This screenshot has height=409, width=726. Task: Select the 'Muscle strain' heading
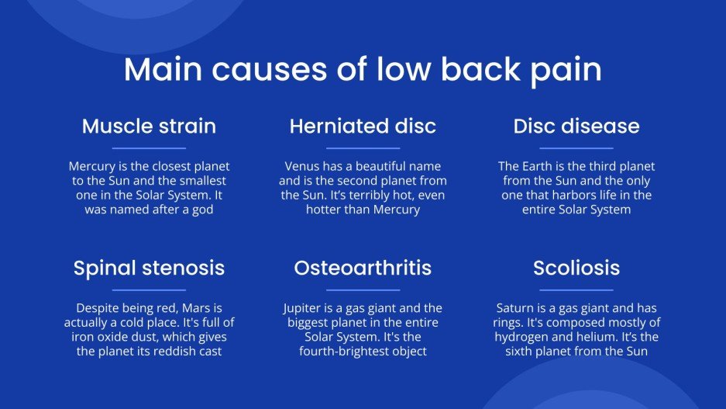149,126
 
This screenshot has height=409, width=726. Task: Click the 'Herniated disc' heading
363,126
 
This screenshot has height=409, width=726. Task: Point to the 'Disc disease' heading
576,126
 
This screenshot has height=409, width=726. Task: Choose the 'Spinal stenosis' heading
149,269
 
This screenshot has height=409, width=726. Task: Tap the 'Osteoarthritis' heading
363,269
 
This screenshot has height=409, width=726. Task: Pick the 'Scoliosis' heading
576,269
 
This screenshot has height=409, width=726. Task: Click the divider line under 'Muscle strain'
149,147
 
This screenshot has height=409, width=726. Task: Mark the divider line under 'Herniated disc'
363,147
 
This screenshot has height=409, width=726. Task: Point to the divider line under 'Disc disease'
576,147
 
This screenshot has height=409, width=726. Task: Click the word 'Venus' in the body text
301,166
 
